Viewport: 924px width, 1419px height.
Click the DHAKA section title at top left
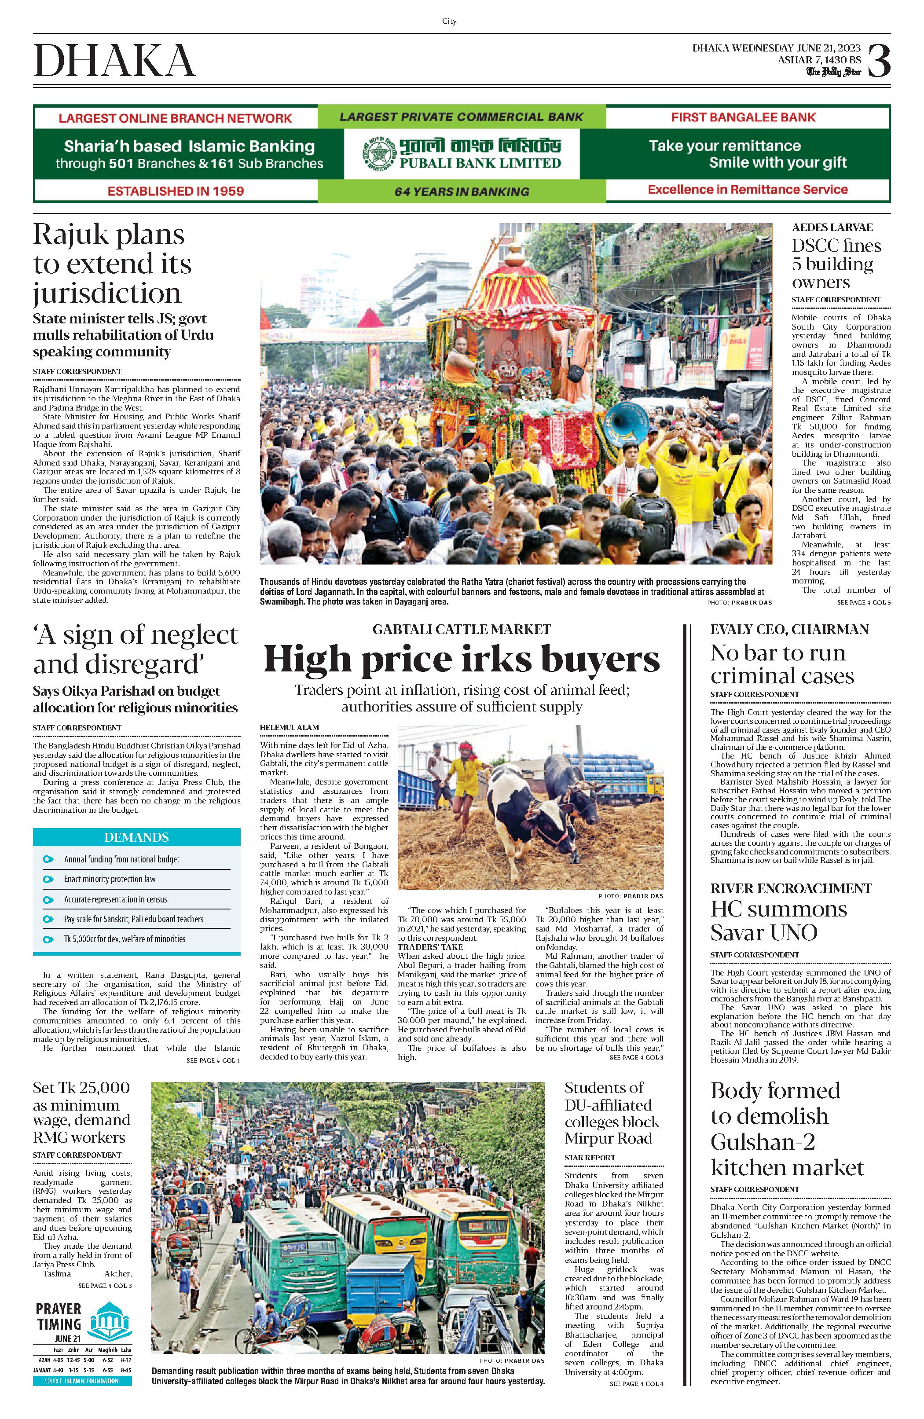pyautogui.click(x=114, y=61)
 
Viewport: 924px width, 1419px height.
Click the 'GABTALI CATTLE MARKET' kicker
pyautogui.click(x=462, y=629)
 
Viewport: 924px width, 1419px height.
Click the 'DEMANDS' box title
pyautogui.click(x=136, y=837)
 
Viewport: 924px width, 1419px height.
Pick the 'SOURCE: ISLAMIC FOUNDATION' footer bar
pyautogui.click(x=82, y=1381)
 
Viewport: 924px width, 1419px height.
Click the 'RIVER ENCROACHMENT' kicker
pyautogui.click(x=791, y=888)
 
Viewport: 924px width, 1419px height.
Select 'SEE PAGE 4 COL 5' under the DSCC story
pyautogui.click(x=864, y=603)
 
